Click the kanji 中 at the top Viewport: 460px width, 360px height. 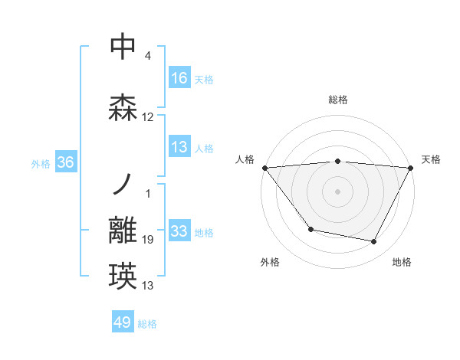pos(123,47)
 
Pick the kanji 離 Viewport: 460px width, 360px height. pos(123,231)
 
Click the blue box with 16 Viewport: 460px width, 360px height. pos(179,78)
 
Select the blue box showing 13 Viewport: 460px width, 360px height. pos(179,147)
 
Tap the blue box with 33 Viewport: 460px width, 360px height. pos(179,231)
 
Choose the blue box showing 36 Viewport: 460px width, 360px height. pos(65,162)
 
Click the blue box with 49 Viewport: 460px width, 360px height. pos(123,323)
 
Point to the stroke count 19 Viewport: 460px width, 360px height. pos(148,241)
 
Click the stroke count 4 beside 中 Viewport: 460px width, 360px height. pos(147,56)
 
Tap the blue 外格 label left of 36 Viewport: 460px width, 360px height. pos(41,163)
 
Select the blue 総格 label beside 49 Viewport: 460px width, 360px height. pos(147,324)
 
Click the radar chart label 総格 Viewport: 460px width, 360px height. pos(338,100)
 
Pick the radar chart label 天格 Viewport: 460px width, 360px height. pos(431,159)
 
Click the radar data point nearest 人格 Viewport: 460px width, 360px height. pos(264,167)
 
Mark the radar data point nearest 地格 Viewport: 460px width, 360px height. pos(374,242)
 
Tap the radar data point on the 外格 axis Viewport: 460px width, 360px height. pos(310,229)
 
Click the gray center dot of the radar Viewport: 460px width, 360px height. pos(338,191)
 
